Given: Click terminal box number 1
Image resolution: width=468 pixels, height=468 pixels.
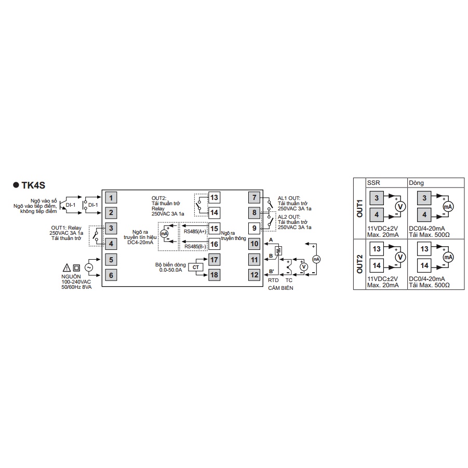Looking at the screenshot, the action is coord(111,197).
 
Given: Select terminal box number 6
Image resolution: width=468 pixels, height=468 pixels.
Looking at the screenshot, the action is coord(111,275).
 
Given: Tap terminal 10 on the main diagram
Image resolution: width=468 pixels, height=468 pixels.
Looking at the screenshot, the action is coord(255,244).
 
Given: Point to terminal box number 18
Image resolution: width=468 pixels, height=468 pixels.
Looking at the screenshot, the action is coord(215,275).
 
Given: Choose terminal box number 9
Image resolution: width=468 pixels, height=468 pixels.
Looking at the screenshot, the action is coord(255,229).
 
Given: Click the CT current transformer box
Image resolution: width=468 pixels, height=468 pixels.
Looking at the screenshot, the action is coord(196,267).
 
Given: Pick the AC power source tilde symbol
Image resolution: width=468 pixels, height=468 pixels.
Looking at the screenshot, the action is coord(89,268).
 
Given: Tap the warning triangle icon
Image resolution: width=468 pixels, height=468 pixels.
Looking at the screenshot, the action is coord(67,268).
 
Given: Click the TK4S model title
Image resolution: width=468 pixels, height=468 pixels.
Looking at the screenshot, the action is coord(33,185).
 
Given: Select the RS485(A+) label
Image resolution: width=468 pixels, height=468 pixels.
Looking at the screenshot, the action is coord(195,231).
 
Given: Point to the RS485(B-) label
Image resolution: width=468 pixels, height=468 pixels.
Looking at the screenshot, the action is coord(195,247).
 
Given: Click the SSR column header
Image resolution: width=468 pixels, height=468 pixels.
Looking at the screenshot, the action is coord(373,183).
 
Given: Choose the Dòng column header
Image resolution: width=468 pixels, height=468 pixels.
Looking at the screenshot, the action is coord(416,183).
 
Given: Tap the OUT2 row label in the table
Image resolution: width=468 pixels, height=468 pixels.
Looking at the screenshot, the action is coord(359,264).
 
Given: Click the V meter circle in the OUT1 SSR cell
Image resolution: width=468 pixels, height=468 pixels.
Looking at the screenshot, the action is coord(400,207).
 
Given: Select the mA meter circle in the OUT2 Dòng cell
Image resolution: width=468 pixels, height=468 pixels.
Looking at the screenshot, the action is coord(448,257).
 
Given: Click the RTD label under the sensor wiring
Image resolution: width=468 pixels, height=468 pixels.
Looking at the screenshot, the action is coord(273,280).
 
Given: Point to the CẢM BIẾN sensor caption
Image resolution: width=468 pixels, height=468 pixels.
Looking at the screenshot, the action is coord(280,288).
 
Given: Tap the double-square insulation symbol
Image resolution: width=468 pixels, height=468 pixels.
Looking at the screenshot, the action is coord(77,268).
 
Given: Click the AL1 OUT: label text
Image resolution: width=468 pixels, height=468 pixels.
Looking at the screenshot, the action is coord(289,198).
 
